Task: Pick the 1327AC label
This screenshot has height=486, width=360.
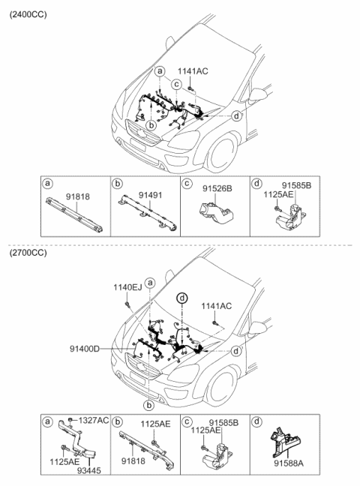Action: pyautogui.click(x=92, y=419)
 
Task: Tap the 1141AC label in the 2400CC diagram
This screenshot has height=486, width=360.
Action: pyautogui.click(x=193, y=71)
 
